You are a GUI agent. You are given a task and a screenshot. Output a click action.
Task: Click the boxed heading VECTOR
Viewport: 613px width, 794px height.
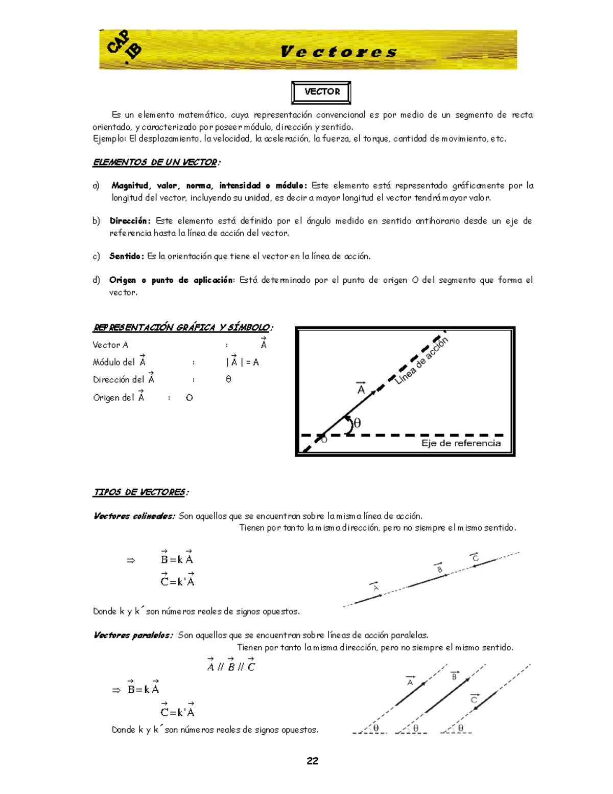pos(321,92)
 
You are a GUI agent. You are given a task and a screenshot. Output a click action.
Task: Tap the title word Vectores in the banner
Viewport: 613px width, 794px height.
pos(338,52)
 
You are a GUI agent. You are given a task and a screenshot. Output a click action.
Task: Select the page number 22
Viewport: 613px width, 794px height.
pos(313,761)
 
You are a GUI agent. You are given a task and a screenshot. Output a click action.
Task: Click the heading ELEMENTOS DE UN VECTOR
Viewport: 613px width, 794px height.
pos(156,163)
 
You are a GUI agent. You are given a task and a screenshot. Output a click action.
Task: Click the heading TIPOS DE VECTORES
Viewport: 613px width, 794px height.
pos(140,492)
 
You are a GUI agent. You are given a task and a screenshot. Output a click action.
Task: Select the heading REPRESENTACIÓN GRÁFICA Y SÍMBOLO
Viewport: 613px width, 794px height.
pos(182,327)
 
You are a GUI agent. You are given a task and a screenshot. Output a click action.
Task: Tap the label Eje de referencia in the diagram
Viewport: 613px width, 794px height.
pos(461,443)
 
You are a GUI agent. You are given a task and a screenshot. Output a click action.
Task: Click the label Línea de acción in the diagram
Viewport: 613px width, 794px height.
pos(421,360)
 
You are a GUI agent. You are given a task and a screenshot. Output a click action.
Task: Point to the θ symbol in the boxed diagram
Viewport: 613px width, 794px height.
pos(357,423)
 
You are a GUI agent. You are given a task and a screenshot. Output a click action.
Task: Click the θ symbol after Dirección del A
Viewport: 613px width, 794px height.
pos(228,379)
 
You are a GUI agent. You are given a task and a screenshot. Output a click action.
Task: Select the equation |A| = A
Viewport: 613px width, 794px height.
pos(243,362)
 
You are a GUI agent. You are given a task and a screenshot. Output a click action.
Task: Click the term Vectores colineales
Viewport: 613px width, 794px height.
pos(134,516)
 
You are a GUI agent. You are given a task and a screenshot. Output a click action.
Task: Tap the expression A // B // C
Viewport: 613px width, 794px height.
pos(231,666)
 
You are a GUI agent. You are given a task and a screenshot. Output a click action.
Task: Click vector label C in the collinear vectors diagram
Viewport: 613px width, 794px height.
pos(475,558)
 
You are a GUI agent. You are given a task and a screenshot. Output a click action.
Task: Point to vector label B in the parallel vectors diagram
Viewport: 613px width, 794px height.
pos(454,676)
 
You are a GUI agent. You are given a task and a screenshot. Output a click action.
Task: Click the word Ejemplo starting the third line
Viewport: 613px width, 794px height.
pos(109,139)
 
